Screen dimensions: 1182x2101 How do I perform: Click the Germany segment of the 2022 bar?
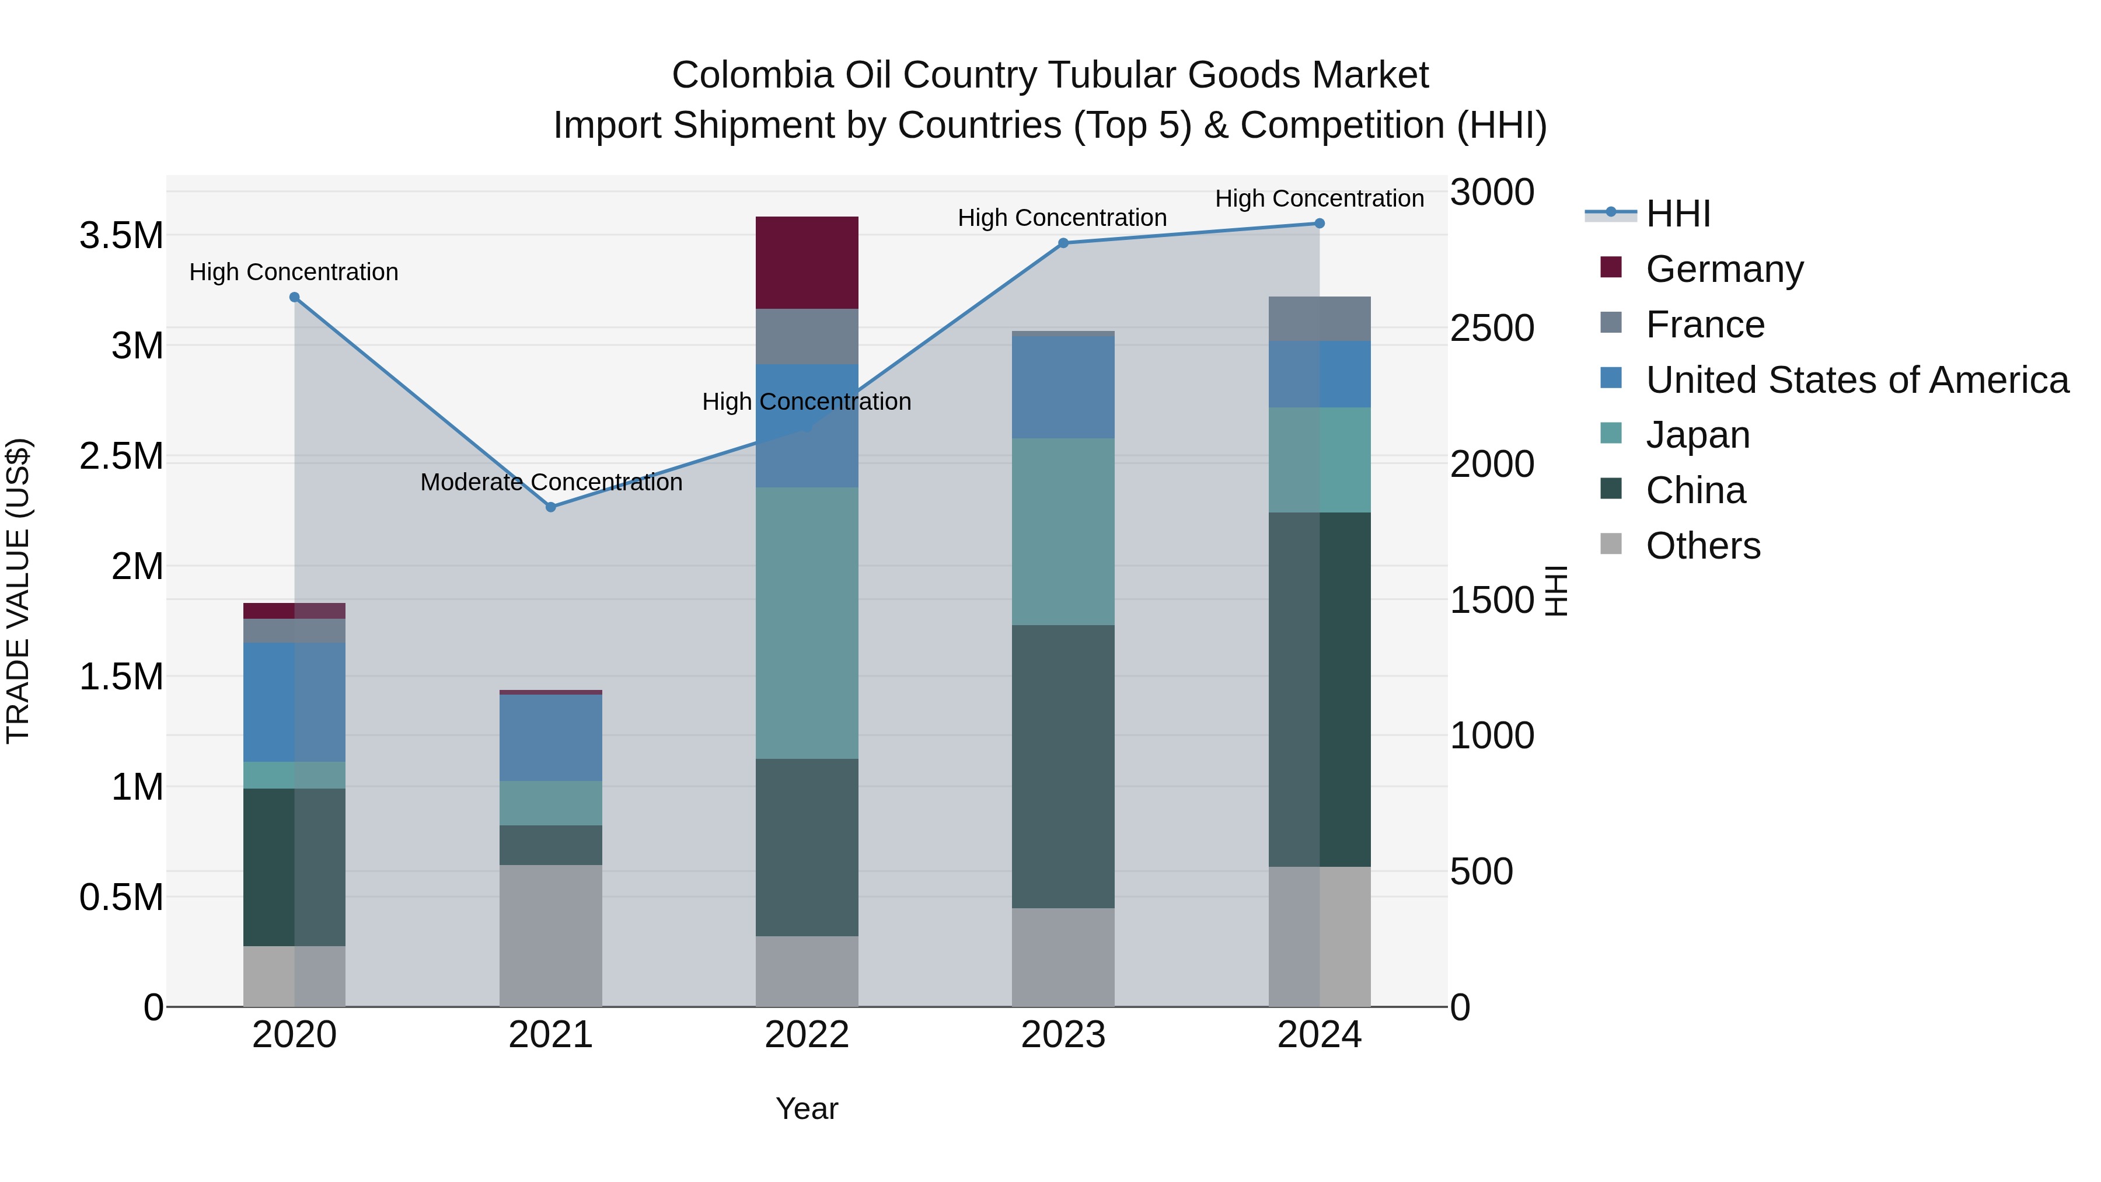pyautogui.click(x=807, y=262)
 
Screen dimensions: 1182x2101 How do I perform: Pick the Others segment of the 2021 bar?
pyautogui.click(x=550, y=935)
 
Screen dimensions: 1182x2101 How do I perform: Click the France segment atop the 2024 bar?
pyautogui.click(x=1319, y=318)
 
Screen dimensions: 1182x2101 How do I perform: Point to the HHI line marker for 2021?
pyautogui.click(x=550, y=507)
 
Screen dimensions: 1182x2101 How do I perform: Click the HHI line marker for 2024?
pyautogui.click(x=1319, y=224)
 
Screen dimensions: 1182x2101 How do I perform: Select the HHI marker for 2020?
pyautogui.click(x=295, y=297)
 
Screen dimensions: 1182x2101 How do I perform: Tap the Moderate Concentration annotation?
pyautogui.click(x=550, y=482)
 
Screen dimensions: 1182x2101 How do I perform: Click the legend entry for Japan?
pyautogui.click(x=1697, y=435)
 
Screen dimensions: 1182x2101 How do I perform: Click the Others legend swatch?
pyautogui.click(x=1611, y=543)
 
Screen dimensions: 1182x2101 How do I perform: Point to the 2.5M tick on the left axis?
pyautogui.click(x=121, y=455)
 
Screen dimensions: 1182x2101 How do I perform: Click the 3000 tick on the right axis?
pyautogui.click(x=1492, y=193)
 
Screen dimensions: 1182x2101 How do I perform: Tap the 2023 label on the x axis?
pyautogui.click(x=1063, y=1035)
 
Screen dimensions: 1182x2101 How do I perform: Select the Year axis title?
pyautogui.click(x=807, y=1108)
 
